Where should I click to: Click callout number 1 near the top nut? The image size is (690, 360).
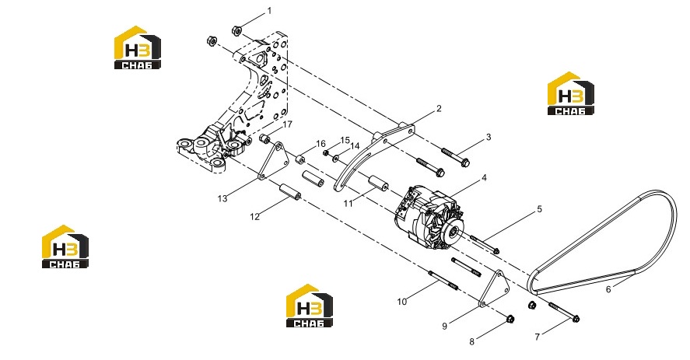(270, 11)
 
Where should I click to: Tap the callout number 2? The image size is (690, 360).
(439, 108)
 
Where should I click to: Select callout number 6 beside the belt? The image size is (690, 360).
(608, 289)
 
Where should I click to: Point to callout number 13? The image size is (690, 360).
(222, 198)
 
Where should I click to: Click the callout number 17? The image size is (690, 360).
(287, 124)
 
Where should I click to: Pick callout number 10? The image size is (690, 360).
(401, 302)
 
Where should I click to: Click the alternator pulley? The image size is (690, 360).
(452, 231)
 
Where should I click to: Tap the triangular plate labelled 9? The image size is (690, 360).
(494, 288)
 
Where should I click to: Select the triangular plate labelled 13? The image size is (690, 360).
(273, 162)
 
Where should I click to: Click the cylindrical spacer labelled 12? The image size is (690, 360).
(290, 191)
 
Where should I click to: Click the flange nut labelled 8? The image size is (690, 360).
(510, 319)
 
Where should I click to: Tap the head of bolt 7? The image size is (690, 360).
(575, 319)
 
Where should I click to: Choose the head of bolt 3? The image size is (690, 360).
(464, 163)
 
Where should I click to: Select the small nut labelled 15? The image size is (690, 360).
(326, 152)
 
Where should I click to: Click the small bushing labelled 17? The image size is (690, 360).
(265, 138)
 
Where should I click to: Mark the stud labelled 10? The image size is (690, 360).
(443, 281)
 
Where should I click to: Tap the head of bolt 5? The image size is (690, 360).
(496, 251)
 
